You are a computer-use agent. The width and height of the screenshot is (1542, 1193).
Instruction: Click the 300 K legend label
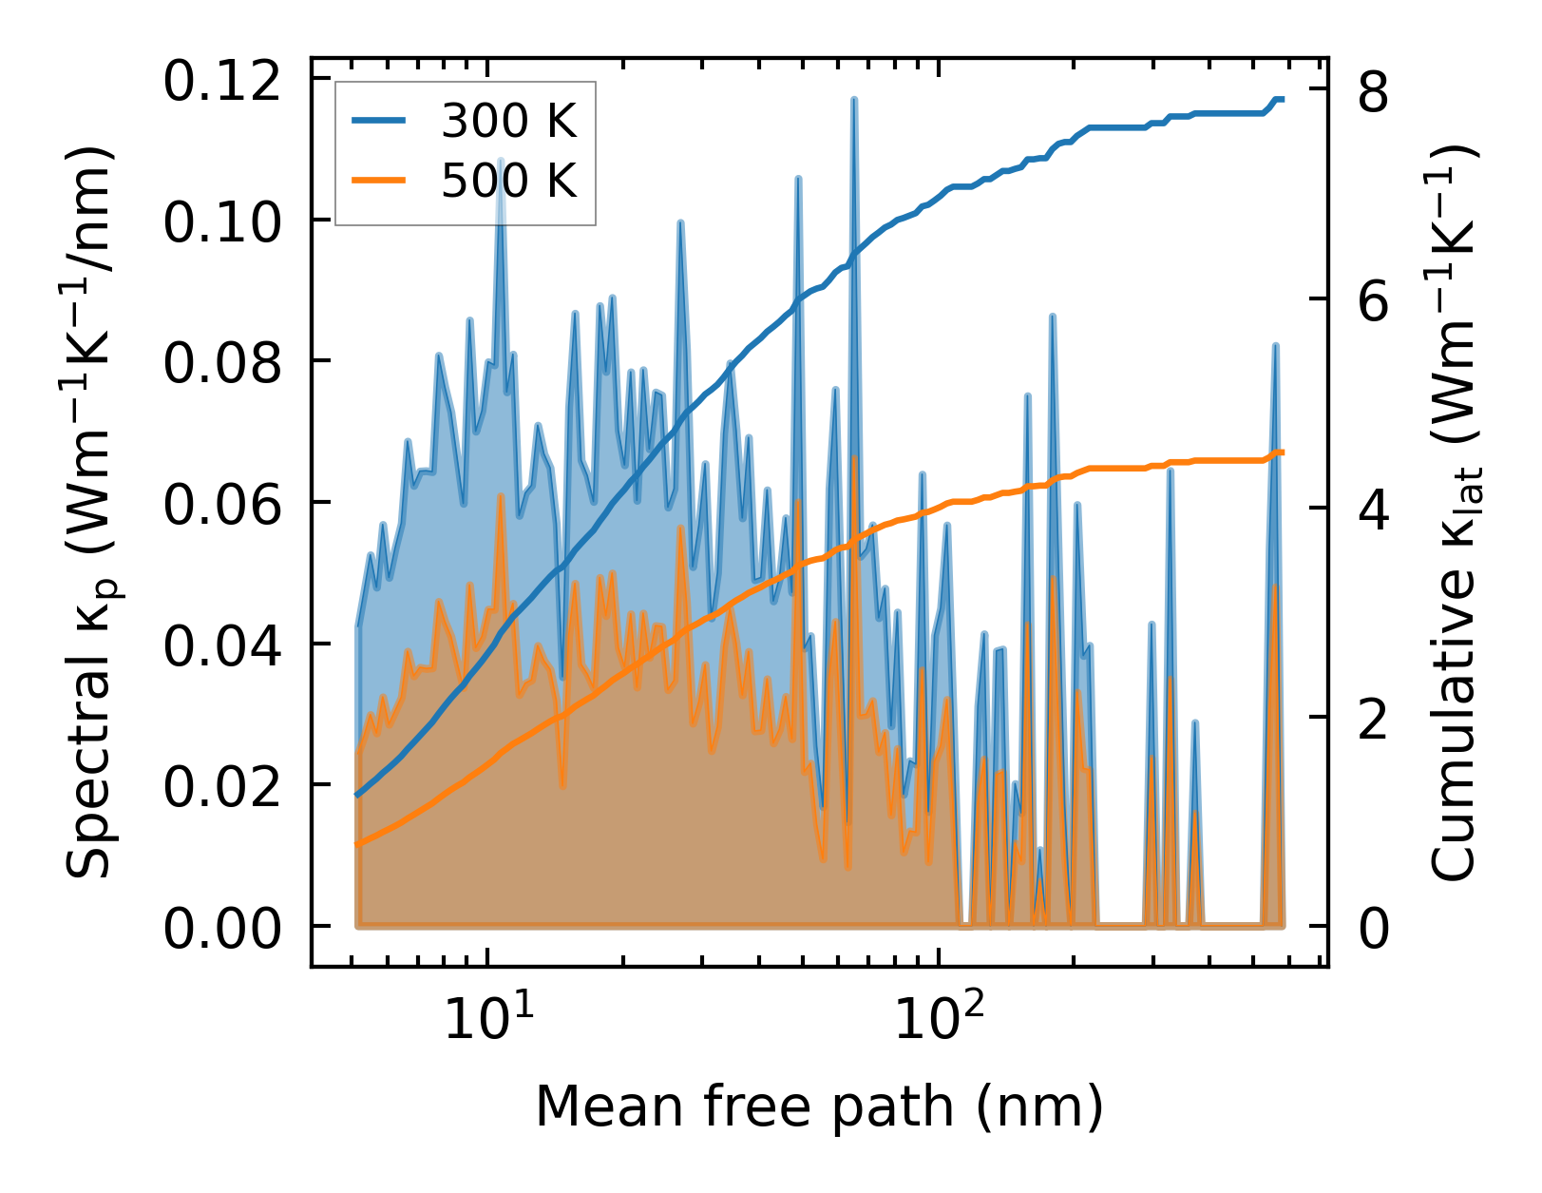pyautogui.click(x=508, y=121)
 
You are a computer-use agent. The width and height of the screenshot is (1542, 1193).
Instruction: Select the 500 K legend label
pyautogui.click(x=508, y=180)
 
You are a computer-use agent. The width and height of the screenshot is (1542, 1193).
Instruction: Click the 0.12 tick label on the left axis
pyautogui.click(x=222, y=80)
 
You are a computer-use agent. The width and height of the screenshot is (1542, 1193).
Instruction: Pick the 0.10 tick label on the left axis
pyautogui.click(x=222, y=221)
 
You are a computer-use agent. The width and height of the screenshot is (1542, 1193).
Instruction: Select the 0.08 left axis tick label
pyautogui.click(x=222, y=362)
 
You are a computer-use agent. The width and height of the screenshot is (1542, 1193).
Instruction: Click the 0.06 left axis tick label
pyautogui.click(x=222, y=503)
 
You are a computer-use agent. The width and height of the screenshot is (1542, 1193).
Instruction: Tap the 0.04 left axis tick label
pyautogui.click(x=222, y=645)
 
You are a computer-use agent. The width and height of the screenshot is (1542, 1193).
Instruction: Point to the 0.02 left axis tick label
pyautogui.click(x=222, y=785)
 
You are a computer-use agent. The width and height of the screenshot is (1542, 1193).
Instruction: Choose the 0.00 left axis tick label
pyautogui.click(x=222, y=927)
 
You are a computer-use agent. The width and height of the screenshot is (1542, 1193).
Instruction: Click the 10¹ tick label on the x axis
pyautogui.click(x=488, y=1019)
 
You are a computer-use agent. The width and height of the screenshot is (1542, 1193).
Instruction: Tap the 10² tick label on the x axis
pyautogui.click(x=940, y=1019)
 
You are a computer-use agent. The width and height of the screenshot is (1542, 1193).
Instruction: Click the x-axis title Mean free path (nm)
pyautogui.click(x=819, y=1106)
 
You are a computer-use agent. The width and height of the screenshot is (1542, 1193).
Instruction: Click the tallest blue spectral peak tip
pyautogui.click(x=854, y=100)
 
